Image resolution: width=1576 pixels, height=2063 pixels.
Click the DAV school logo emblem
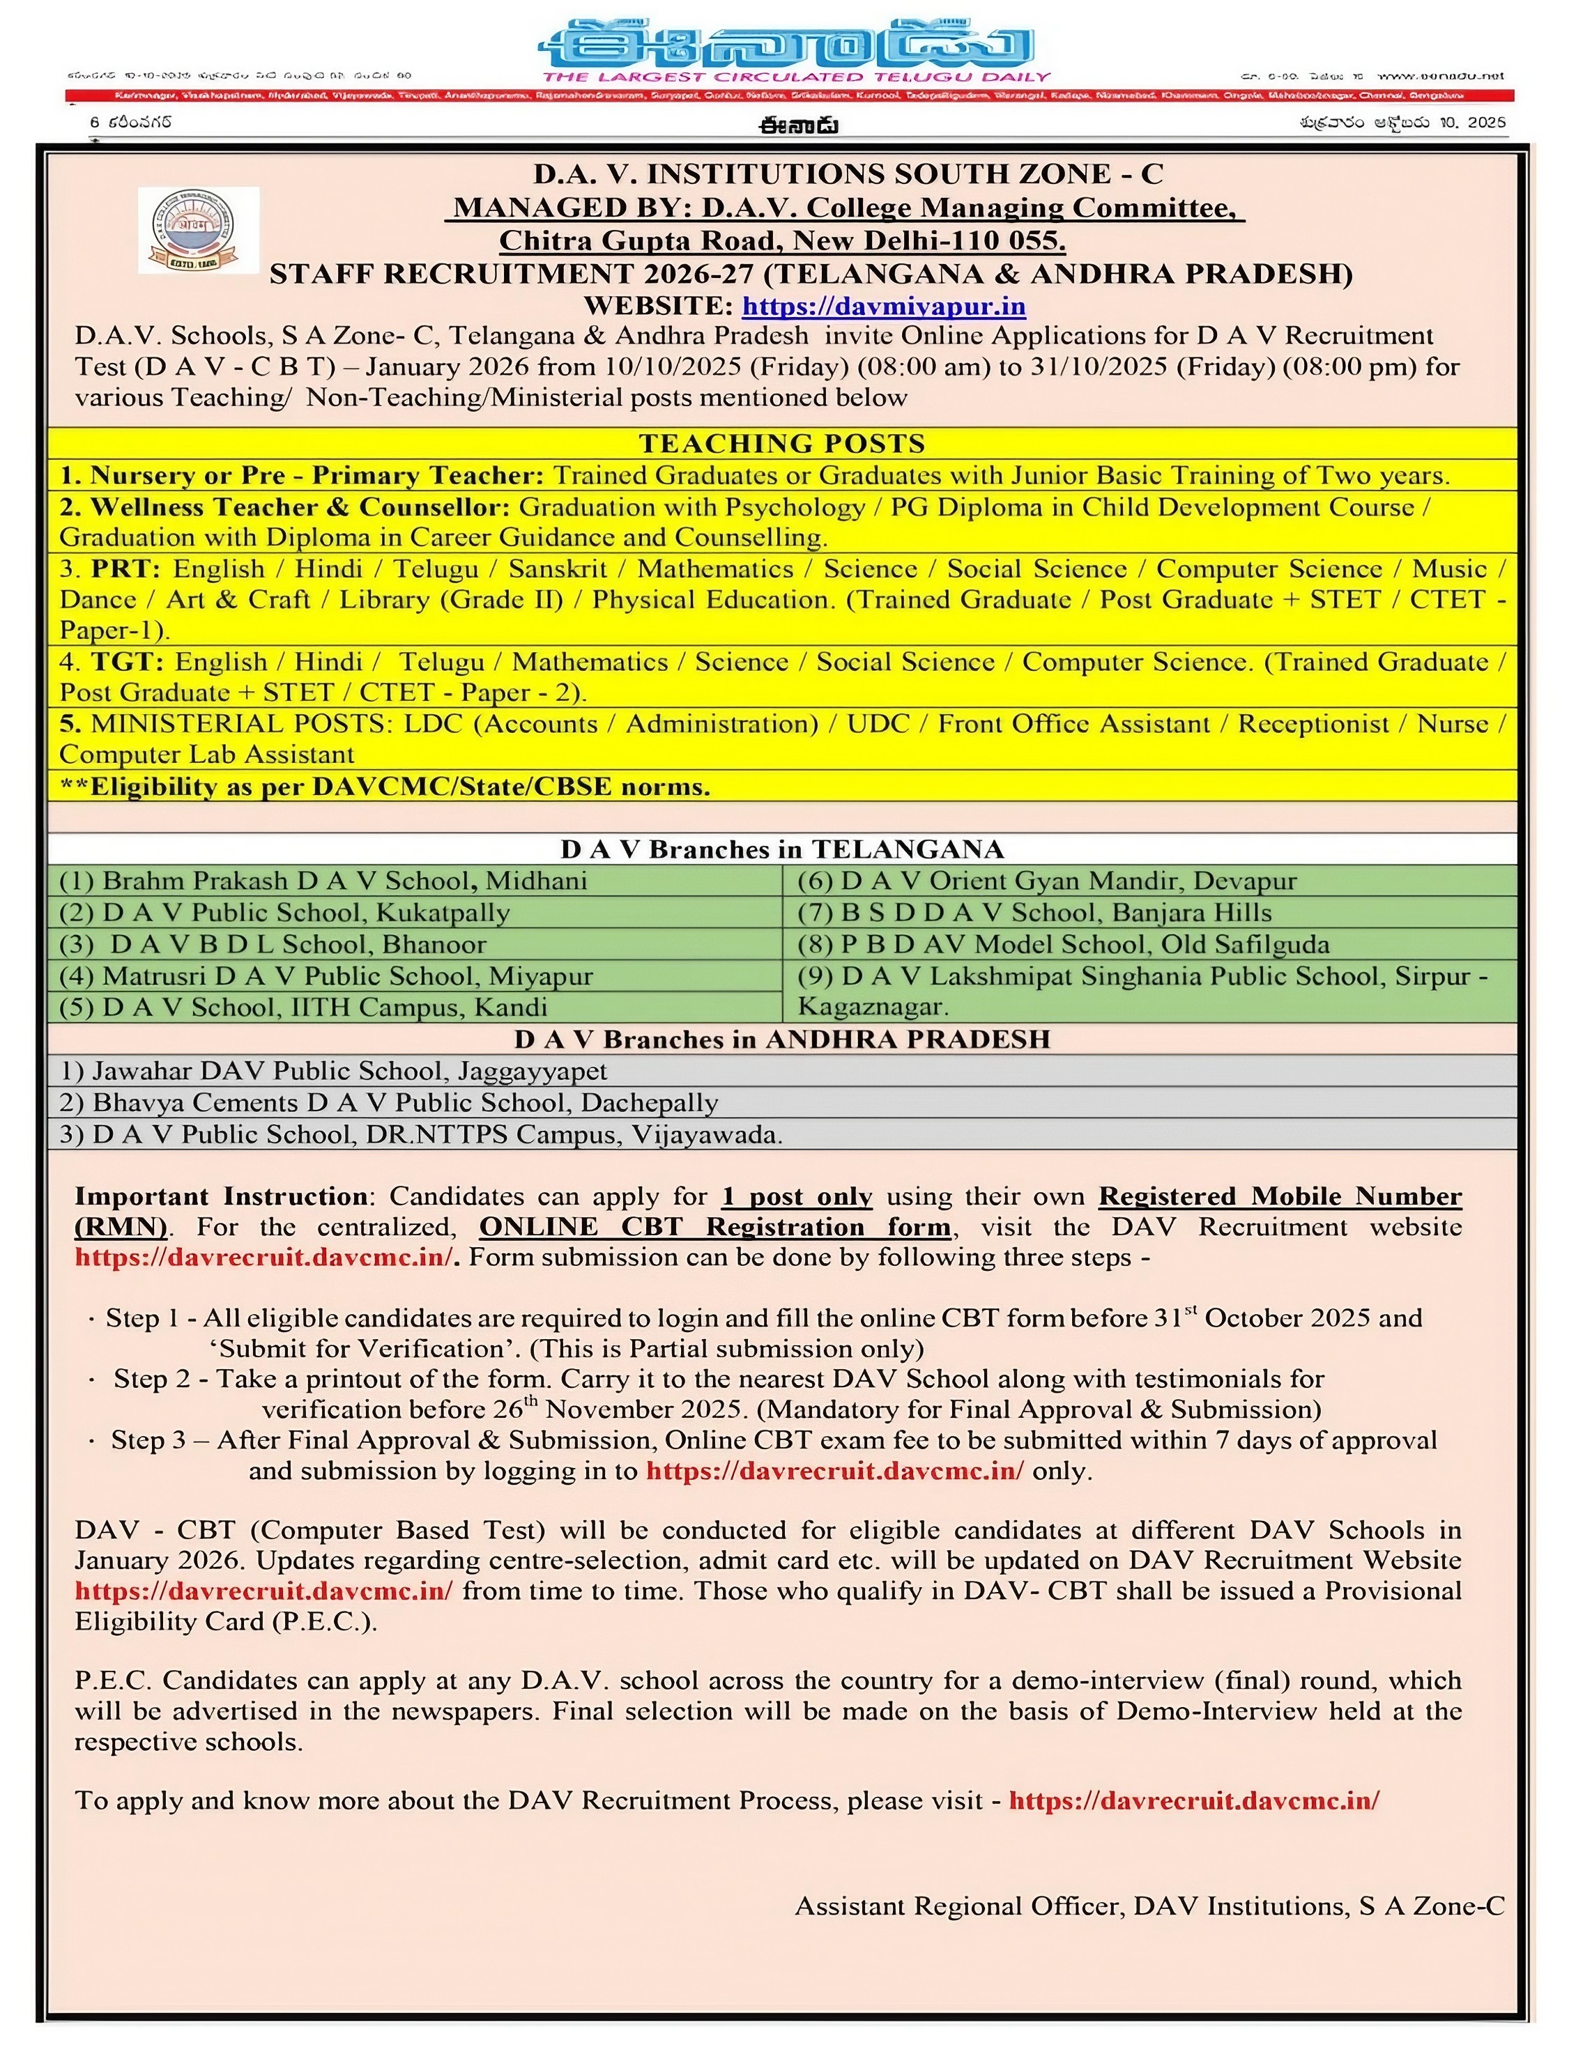coord(198,231)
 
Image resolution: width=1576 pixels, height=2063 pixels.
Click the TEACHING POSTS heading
coord(781,444)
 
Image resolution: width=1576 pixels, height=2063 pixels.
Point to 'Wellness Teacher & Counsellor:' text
coord(299,507)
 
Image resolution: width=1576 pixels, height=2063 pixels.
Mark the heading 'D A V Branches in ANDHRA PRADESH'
coord(781,1039)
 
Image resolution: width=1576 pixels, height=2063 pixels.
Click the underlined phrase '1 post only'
coord(797,1196)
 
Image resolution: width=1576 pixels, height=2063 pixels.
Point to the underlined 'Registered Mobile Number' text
coord(1280,1196)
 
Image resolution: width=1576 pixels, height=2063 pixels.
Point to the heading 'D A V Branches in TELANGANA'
coord(781,849)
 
